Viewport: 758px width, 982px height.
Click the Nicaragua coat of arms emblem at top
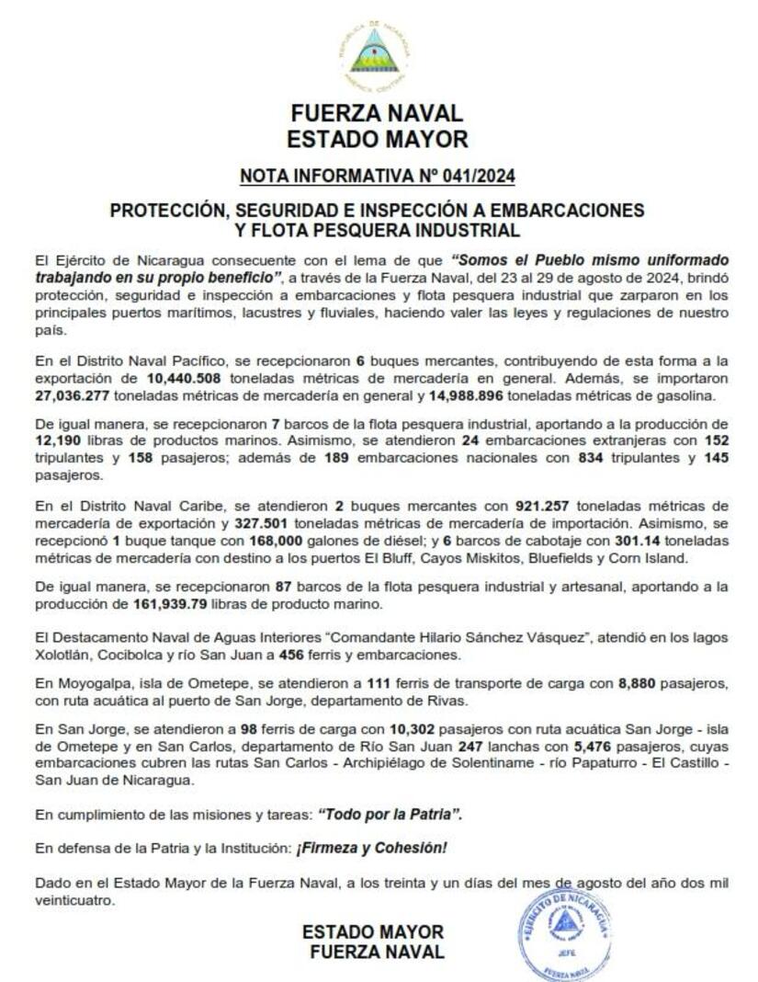coord(374,53)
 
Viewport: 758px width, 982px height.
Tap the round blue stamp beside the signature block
coord(563,933)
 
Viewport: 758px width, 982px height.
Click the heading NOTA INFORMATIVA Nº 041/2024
coord(377,175)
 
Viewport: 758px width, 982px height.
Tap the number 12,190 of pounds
coord(59,441)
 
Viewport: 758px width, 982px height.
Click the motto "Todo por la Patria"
coord(390,814)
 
